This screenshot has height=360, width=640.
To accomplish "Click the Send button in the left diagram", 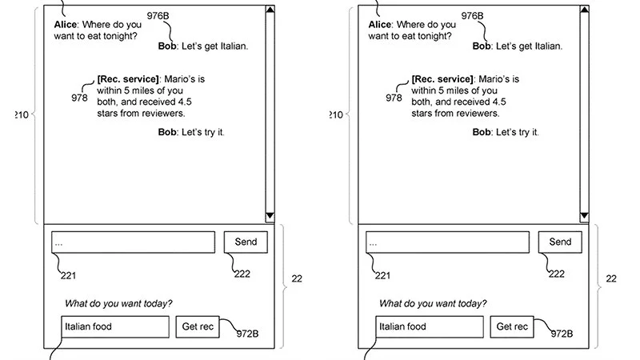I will point(246,242).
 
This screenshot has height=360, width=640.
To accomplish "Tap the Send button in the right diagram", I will point(560,242).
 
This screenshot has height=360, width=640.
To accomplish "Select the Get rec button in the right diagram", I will point(512,326).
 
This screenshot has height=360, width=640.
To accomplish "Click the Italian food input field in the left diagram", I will point(115,326).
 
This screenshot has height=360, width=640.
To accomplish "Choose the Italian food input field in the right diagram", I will point(430,326).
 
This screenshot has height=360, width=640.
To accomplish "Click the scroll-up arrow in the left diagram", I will point(270,11).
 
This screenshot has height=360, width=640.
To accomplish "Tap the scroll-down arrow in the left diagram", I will point(270,215).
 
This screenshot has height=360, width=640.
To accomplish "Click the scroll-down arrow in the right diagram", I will point(584,215).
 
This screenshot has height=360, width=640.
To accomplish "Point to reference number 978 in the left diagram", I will point(79,98).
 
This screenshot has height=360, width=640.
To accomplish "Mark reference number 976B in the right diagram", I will point(473,16).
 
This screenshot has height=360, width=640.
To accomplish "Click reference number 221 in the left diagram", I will point(69,276).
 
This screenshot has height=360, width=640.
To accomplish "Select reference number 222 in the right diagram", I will point(556,274).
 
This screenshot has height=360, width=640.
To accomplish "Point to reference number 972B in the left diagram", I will point(246,334).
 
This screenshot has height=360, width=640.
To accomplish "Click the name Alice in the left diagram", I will point(65,24).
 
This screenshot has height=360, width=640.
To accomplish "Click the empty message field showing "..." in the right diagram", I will point(447,242).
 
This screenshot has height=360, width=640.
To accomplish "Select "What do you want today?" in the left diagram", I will point(118,303).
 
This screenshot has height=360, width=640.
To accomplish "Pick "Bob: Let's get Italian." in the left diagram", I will point(203,46).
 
